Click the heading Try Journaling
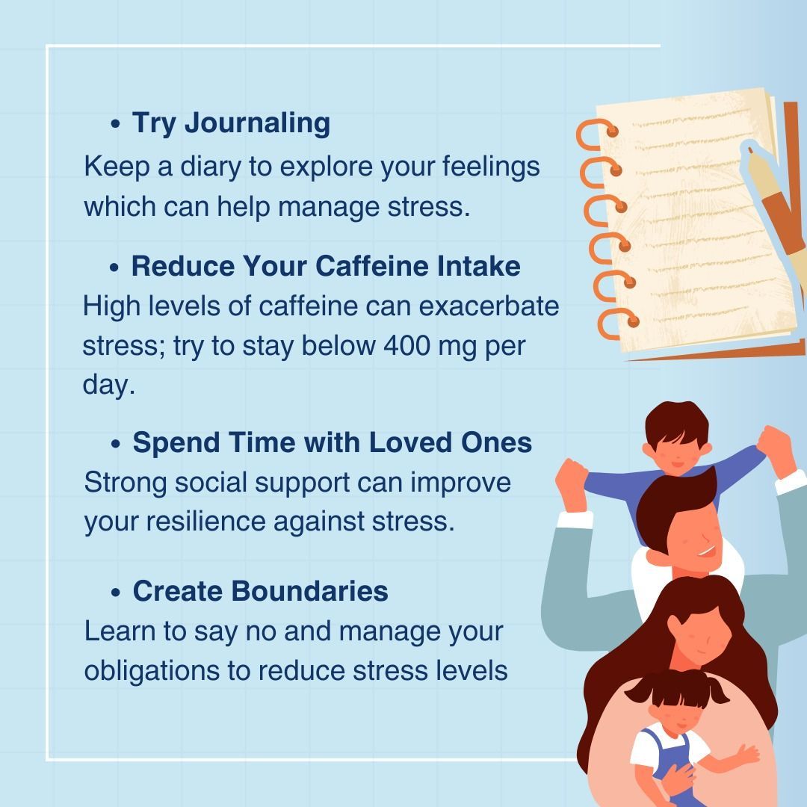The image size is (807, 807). (231, 123)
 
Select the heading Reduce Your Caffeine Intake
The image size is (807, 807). (326, 265)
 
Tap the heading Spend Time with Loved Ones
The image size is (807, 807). (332, 442)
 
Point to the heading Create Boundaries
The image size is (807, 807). (260, 590)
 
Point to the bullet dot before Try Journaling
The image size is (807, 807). (114, 124)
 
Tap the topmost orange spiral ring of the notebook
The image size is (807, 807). (595, 132)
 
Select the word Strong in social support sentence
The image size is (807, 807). (126, 481)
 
